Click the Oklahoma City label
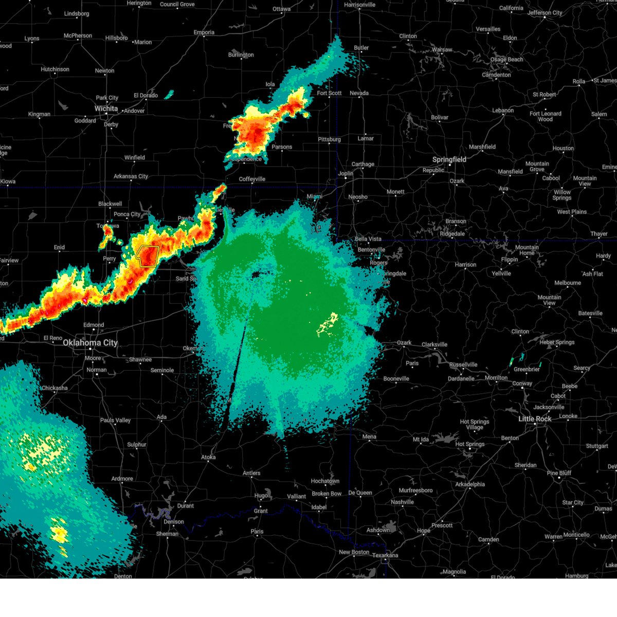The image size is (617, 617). pos(90,343)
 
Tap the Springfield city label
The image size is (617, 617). pos(449,160)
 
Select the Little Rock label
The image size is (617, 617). pos(535,419)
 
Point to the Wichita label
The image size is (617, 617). pos(106,109)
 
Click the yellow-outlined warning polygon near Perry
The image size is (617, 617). pos(148,256)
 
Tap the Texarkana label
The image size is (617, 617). pos(385,555)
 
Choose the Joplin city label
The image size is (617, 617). pos(346,174)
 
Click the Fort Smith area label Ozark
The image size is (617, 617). pos(404,343)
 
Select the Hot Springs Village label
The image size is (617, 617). pos(475,425)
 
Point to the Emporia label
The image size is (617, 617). pos(204,32)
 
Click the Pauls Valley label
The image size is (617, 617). pos(115,421)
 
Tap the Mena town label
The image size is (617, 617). pos(369,437)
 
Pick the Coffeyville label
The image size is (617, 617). pos(252,179)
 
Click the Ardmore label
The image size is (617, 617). pos(122,479)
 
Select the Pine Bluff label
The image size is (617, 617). pos(559,473)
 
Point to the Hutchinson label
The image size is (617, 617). pos(55,69)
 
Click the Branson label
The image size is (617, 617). pos(456,222)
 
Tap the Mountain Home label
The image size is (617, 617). pos(527,250)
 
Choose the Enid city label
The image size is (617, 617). pos(60,248)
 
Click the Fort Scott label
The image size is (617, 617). pos(329,94)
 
